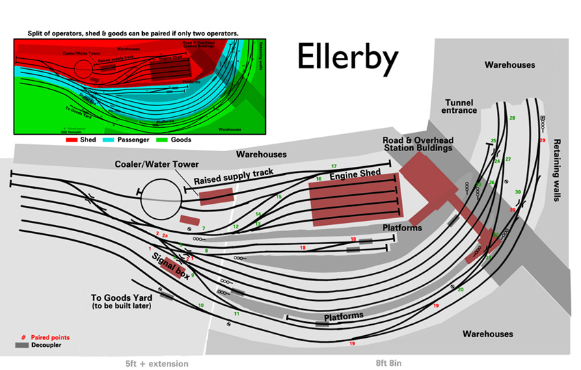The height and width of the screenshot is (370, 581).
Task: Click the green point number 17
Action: pos(334,167)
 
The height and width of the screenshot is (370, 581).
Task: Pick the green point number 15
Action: pos(278,197)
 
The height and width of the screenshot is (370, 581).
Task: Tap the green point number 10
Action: pos(200,305)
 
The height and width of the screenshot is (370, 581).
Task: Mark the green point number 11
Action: pos(236,313)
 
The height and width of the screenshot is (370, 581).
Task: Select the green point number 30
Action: pos(517,192)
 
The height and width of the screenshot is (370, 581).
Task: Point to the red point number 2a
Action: pos(165,235)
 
